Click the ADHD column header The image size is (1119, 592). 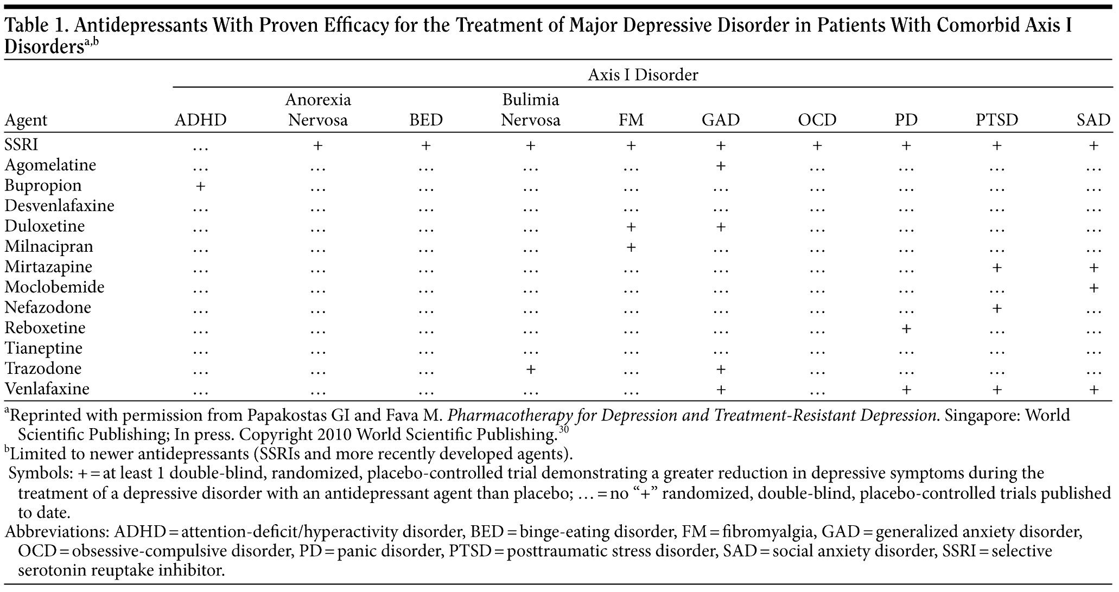pyautogui.click(x=200, y=120)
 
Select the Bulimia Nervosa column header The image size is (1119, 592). pyautogui.click(x=530, y=110)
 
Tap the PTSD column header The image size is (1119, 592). pyautogui.click(x=996, y=120)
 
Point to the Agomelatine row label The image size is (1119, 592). pyautogui.click(x=50, y=165)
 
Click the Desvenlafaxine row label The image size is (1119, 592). pyautogui.click(x=60, y=206)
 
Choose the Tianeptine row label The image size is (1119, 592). pyautogui.click(x=43, y=348)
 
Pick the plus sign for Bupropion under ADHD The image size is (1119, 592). pyautogui.click(x=200, y=186)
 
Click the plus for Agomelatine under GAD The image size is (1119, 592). pyautogui.click(x=721, y=165)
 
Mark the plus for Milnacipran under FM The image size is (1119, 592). pyautogui.click(x=631, y=247)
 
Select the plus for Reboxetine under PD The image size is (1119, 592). pyautogui.click(x=906, y=328)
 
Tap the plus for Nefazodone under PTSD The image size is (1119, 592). pyautogui.click(x=996, y=308)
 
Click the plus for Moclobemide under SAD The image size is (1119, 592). pyautogui.click(x=1093, y=288)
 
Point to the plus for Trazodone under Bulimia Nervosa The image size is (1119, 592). pyautogui.click(x=530, y=369)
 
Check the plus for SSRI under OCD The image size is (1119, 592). pyautogui.click(x=817, y=145)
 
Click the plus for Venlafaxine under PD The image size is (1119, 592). pyautogui.click(x=906, y=389)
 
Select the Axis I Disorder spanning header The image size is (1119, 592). pyautogui.click(x=643, y=75)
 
